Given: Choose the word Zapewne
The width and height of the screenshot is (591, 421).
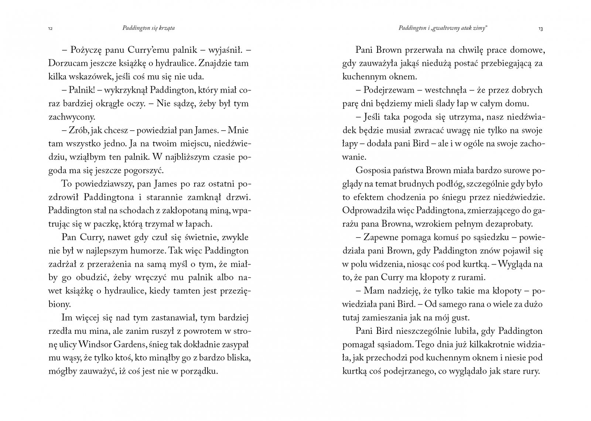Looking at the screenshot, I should pos(384,237).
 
